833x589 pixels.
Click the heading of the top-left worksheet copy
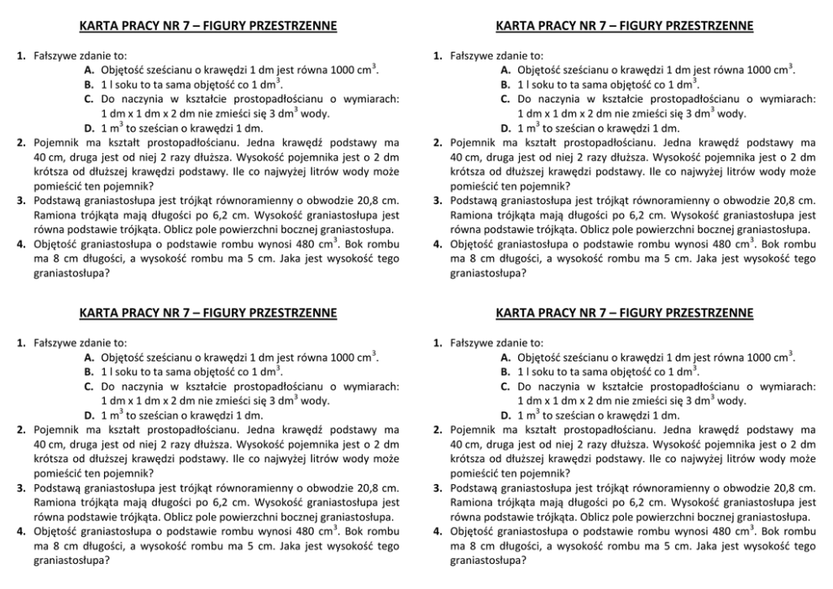(x=207, y=26)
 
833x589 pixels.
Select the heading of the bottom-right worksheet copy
(x=624, y=313)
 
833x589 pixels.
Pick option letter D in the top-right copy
(x=505, y=128)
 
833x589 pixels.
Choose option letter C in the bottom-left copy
(x=88, y=387)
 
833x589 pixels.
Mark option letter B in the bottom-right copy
(x=505, y=372)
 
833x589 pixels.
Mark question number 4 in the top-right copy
(x=437, y=244)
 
